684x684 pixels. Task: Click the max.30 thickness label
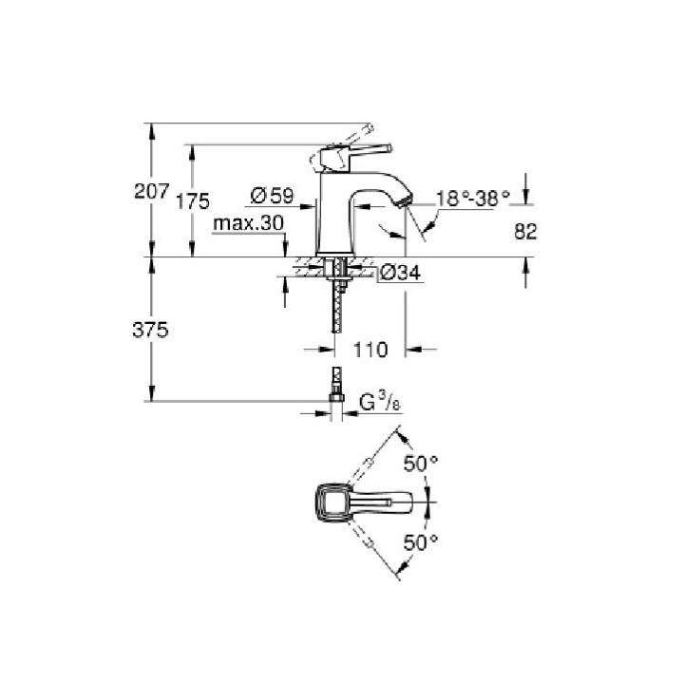(x=249, y=223)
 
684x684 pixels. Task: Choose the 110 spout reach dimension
(x=370, y=350)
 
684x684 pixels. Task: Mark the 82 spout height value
(x=525, y=231)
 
